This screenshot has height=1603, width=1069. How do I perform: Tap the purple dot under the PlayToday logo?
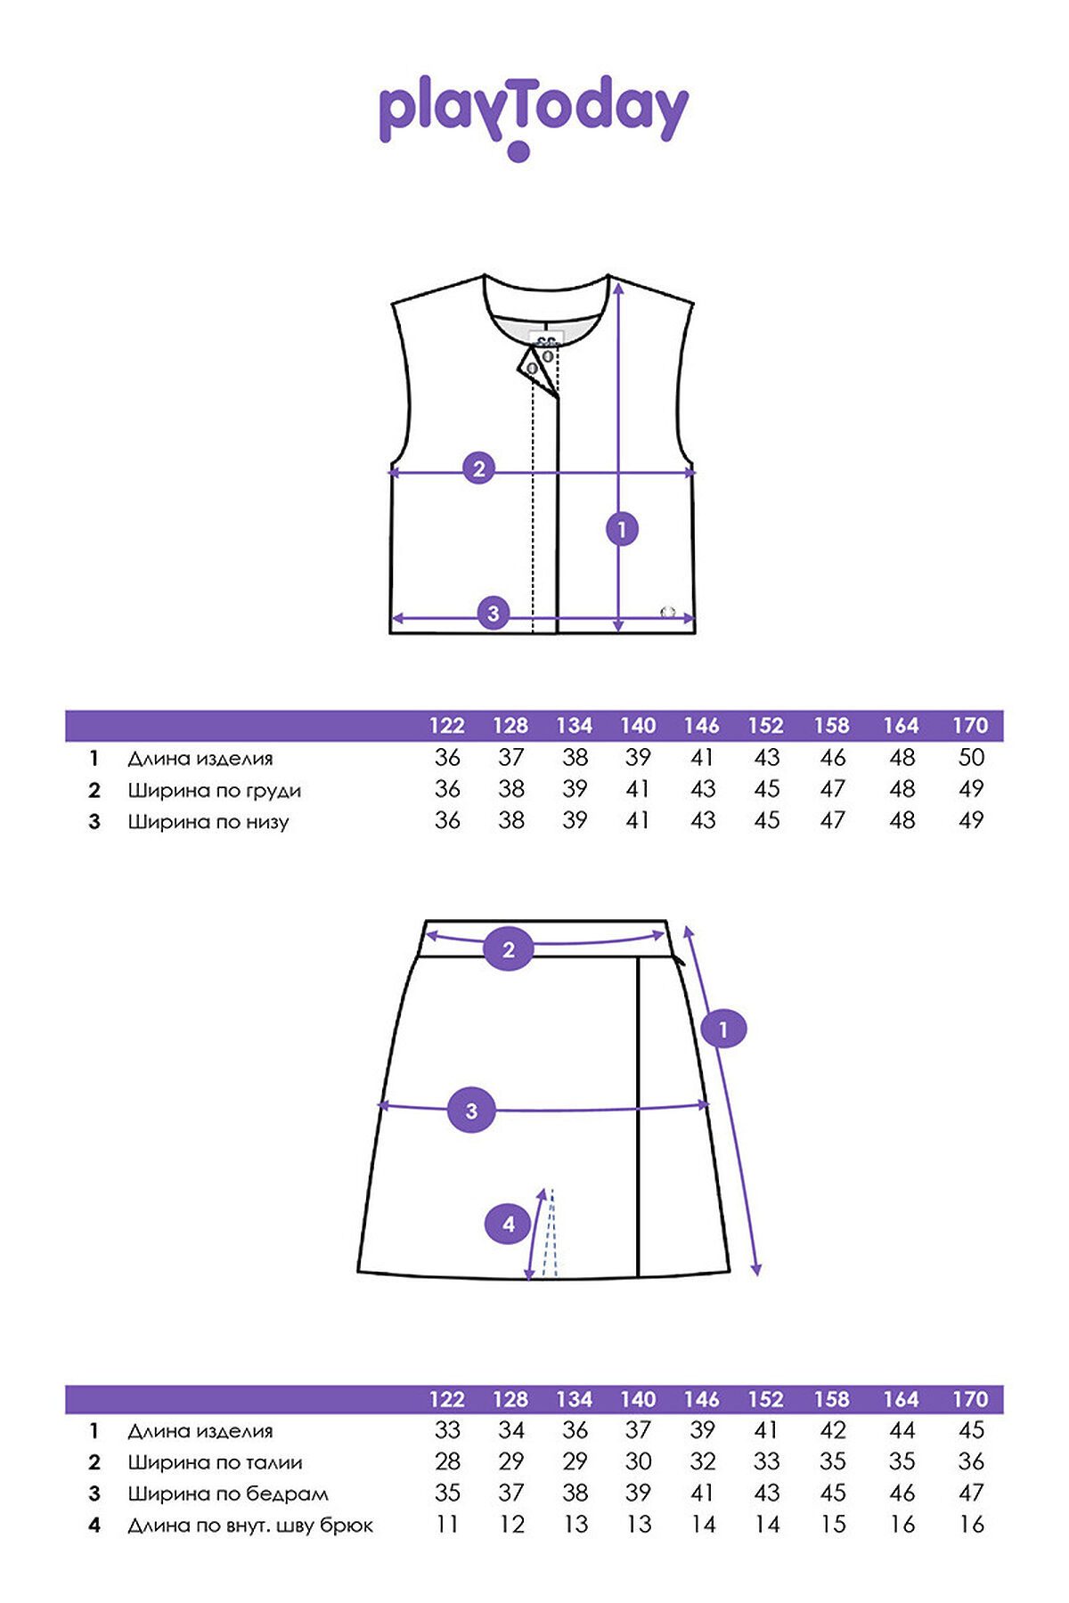pos(518,151)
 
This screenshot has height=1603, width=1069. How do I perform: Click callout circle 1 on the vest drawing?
pos(622,530)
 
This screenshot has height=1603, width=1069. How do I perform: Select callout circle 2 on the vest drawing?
pos(479,468)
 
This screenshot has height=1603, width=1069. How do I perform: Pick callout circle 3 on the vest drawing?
pos(494,613)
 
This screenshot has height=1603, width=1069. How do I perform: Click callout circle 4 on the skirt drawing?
pos(508,1225)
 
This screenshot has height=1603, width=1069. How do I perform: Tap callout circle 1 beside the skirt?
pos(723,1029)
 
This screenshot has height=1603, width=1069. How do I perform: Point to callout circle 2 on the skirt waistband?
pos(509,949)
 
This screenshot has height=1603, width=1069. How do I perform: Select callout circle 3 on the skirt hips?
pos(471,1111)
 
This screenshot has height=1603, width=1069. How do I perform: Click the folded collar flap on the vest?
pos(536,368)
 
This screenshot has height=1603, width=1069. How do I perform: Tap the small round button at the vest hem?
pos(666,612)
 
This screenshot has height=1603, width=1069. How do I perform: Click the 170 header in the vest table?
pos(970,726)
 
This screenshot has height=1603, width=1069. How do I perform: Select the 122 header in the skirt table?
pos(447,1399)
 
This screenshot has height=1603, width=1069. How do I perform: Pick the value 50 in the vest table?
pos(971,758)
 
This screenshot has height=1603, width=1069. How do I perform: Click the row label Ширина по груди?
pos(215,791)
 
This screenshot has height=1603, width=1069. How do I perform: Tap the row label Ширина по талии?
pos(216,1462)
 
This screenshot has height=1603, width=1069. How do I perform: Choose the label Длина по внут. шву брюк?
pos(250,1526)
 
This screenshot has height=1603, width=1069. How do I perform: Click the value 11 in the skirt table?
pos(447,1525)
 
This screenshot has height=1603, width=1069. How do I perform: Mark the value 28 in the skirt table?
pos(447,1461)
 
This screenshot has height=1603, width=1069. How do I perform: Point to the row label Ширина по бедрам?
pos(228,1494)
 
